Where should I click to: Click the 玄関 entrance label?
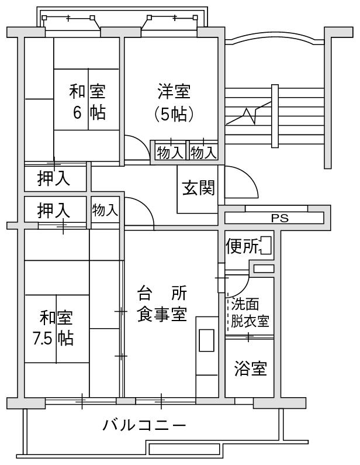click(199, 188)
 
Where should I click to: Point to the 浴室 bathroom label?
click(250, 369)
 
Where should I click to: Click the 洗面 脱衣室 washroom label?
click(249, 313)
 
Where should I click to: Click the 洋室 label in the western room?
click(174, 92)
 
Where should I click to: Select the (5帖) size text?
click(174, 114)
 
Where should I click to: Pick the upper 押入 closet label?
click(54, 178)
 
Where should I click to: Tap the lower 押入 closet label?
click(54, 210)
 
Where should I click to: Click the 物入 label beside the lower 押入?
click(105, 210)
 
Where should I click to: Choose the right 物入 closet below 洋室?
click(203, 153)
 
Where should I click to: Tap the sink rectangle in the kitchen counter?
click(207, 341)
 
